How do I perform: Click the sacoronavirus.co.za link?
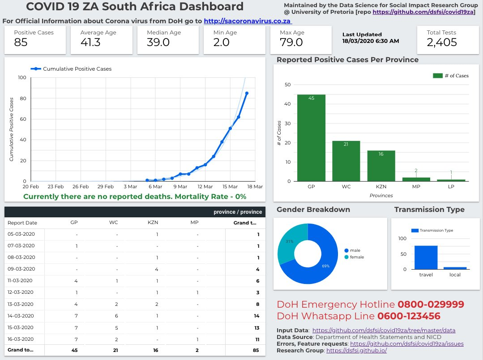(248, 21)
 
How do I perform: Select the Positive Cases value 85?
(21, 42)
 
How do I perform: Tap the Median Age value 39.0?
(158, 42)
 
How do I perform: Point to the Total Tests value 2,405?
(442, 42)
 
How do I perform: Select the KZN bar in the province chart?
(381, 165)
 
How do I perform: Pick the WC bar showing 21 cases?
(346, 161)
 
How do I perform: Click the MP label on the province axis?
(416, 188)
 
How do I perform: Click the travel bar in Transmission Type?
(426, 258)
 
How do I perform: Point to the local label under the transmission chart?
(455, 275)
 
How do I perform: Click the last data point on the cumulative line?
(247, 93)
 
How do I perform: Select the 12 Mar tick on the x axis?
(205, 186)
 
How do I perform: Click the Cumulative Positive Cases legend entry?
(77, 69)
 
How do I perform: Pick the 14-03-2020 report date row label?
(21, 315)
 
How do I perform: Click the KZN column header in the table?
(153, 222)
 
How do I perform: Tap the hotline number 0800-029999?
(431, 305)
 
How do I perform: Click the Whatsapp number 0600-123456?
(408, 316)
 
